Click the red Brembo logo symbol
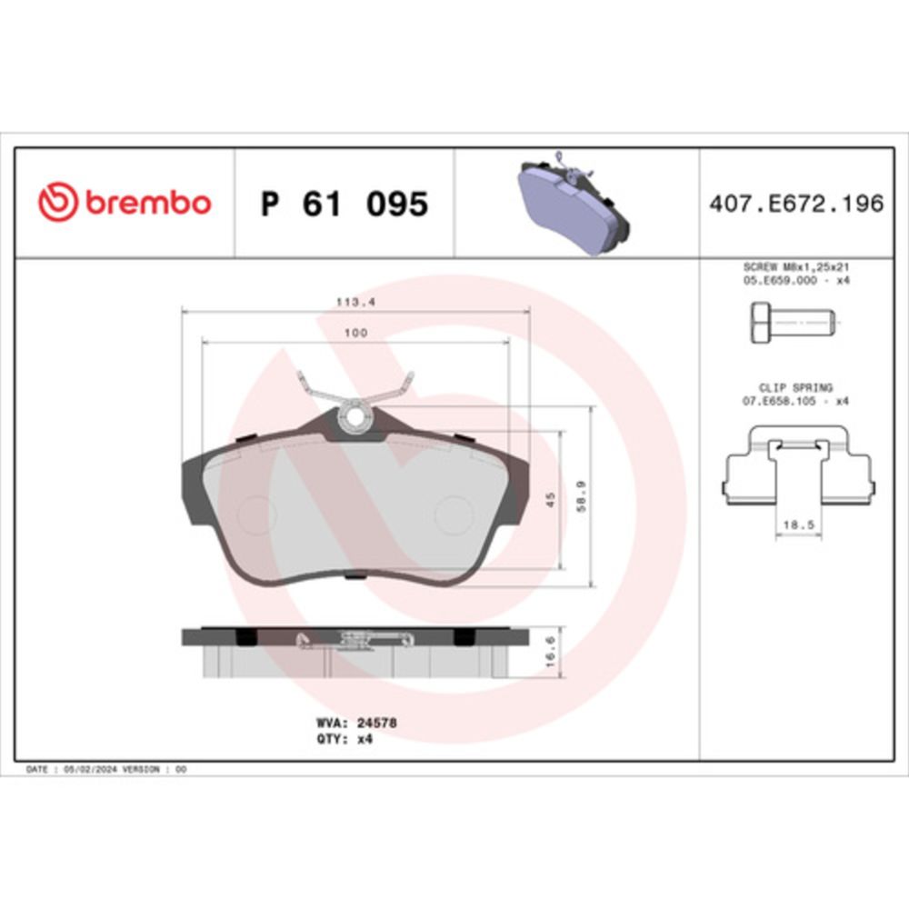pos(58,202)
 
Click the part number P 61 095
pos(345,204)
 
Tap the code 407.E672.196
pos(796,204)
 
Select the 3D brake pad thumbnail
pos(573,203)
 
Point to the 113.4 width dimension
pos(356,302)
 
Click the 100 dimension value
pos(355,333)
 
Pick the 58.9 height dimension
pos(582,495)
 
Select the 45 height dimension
pos(550,499)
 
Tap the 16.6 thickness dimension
pos(550,651)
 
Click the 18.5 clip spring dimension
pos(799,524)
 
